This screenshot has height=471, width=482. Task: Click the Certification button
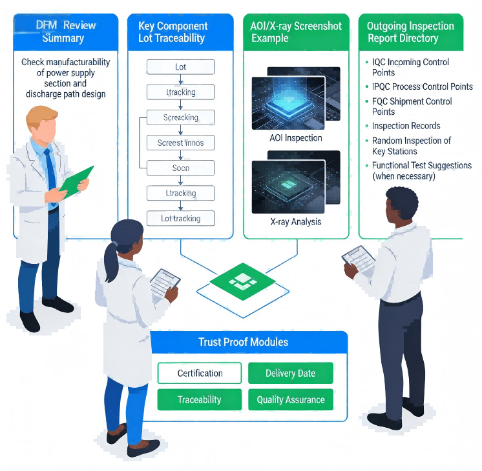(200, 373)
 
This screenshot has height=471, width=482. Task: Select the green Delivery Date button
(290, 373)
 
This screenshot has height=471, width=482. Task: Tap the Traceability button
(200, 399)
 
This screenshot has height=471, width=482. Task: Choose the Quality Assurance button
(290, 399)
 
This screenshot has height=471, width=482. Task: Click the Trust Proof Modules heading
(243, 342)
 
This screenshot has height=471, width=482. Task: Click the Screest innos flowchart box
(181, 143)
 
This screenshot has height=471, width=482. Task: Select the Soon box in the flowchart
(181, 168)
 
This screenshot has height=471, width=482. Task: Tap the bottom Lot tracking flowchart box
(181, 218)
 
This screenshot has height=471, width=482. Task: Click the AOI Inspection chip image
(295, 103)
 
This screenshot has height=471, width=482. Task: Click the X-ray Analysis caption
(295, 221)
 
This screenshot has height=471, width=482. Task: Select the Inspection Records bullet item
(406, 126)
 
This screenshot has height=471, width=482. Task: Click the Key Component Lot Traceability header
(173, 32)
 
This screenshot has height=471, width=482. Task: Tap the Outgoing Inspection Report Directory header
(410, 32)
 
